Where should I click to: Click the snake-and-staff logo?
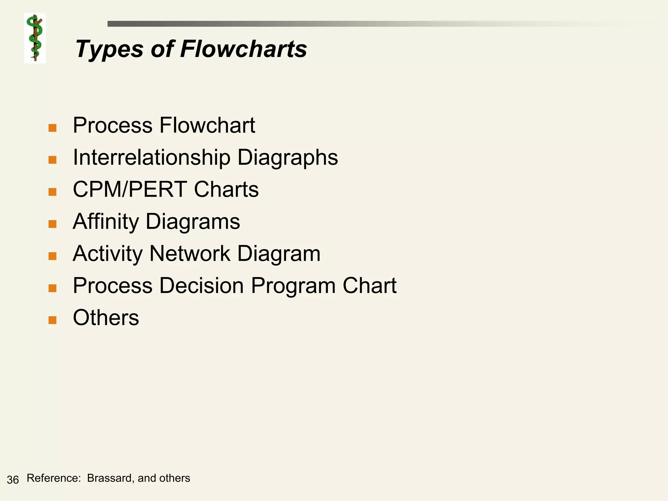click(x=35, y=38)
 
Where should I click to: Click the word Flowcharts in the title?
click(x=243, y=49)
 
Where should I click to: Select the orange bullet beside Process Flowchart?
click(x=53, y=128)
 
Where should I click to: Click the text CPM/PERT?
click(x=130, y=190)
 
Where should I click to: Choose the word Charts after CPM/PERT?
click(x=226, y=190)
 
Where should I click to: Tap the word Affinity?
click(x=106, y=222)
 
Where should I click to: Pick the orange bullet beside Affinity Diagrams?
click(x=53, y=224)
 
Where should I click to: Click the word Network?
click(x=190, y=253)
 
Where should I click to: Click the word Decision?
click(x=202, y=286)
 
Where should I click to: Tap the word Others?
click(x=106, y=318)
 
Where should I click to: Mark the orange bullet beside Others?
click(x=53, y=320)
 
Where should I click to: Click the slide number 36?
click(x=13, y=480)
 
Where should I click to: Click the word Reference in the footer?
click(x=53, y=478)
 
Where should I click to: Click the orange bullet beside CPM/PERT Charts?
click(x=53, y=192)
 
